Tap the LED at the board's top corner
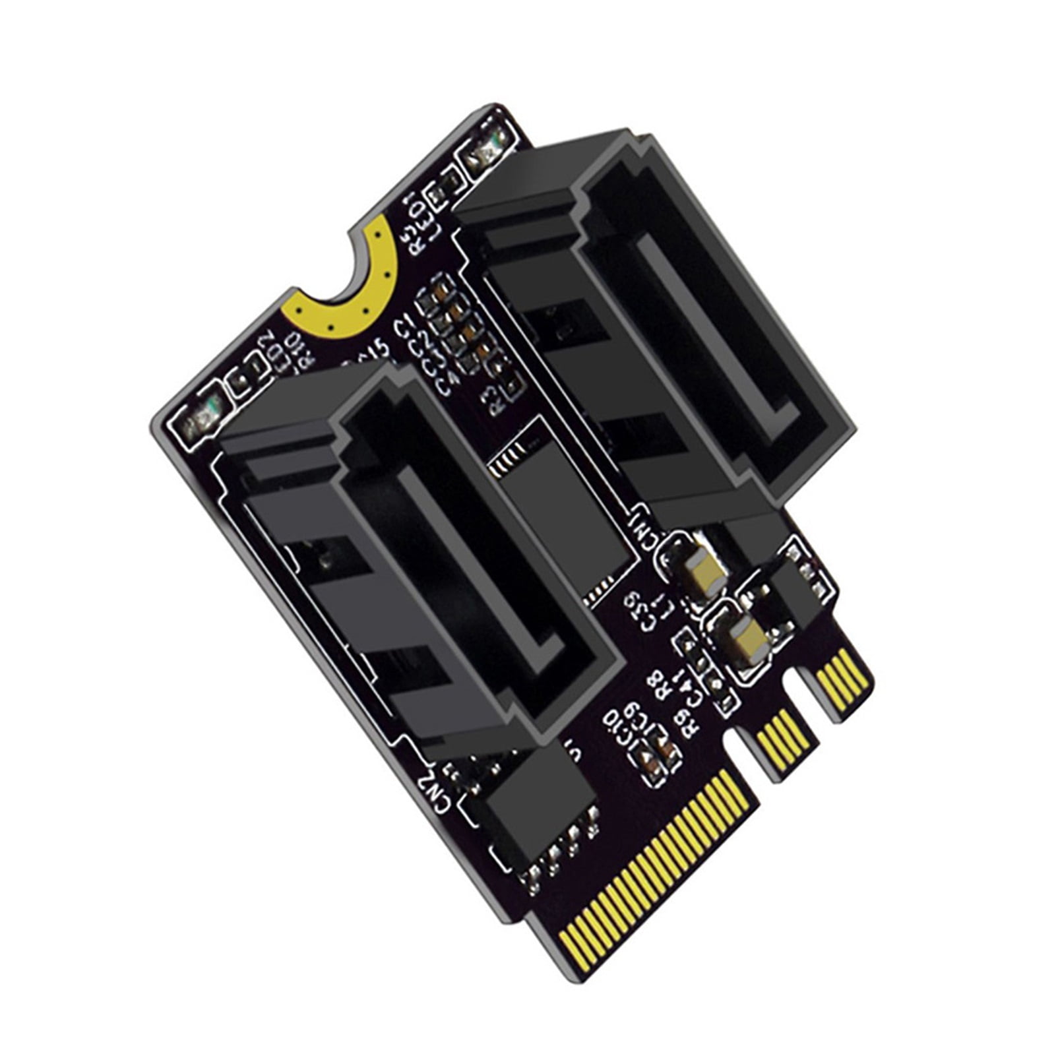tap(489, 154)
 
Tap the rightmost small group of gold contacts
tap(842, 676)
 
